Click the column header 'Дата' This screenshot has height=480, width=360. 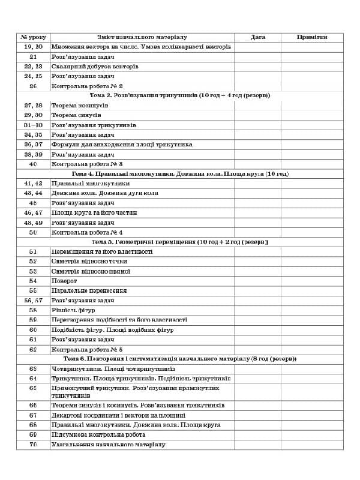(x=257, y=37)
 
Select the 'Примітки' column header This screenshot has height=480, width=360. (x=312, y=37)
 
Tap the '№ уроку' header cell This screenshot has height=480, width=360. (x=33, y=37)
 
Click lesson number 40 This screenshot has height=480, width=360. (x=33, y=164)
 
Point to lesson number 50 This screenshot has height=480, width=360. (x=33, y=232)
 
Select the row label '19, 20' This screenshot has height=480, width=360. (x=33, y=47)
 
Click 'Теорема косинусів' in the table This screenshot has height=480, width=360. (x=80, y=106)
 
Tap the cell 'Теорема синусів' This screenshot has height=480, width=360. (x=76, y=115)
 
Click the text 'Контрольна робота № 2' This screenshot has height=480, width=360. (x=88, y=86)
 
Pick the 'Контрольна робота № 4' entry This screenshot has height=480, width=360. (x=88, y=232)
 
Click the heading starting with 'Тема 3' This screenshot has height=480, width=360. (x=179, y=95)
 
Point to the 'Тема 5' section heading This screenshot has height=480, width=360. (x=179, y=242)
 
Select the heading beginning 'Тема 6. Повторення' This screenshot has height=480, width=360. (x=179, y=359)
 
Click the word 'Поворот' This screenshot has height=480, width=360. (x=64, y=281)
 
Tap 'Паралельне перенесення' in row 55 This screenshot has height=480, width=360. (x=89, y=290)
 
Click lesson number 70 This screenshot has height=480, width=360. (x=33, y=445)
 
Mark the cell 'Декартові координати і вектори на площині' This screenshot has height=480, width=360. (x=118, y=415)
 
